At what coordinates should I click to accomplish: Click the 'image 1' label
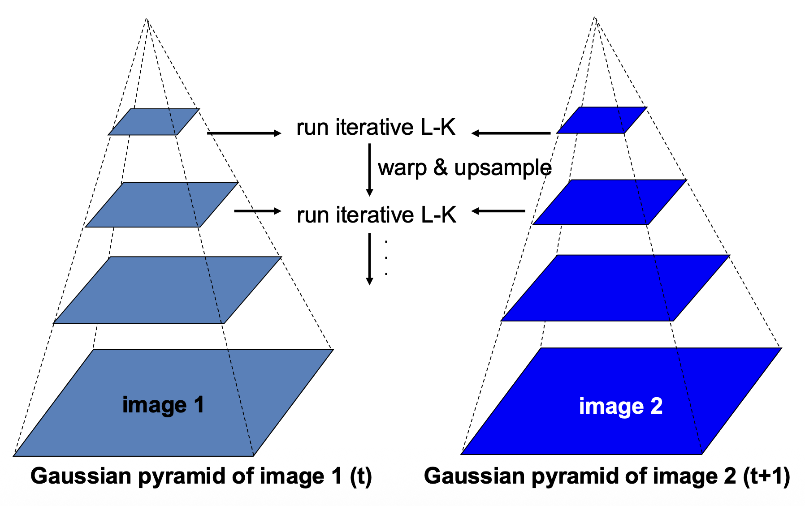163,405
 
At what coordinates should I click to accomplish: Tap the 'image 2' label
620,406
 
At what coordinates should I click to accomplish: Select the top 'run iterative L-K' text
376,127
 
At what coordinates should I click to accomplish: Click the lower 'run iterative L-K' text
376,215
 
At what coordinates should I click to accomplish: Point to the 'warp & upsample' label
464,168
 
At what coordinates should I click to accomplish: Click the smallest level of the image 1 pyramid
154,122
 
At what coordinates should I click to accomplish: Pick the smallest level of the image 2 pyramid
602,120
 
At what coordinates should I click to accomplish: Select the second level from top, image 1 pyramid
161,205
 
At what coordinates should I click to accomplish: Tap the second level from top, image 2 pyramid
609,202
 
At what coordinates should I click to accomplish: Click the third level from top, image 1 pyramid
167,290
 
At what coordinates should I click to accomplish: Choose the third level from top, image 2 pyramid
615,288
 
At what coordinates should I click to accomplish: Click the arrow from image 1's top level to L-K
244,133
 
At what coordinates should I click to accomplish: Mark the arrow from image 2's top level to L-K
511,133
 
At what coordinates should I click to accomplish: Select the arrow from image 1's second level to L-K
257,211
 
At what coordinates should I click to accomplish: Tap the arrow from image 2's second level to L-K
498,211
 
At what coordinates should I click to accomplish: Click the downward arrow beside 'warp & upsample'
369,169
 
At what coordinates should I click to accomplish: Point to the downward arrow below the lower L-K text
369,258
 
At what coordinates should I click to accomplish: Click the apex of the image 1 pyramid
147,19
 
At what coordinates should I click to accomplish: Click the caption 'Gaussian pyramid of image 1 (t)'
201,476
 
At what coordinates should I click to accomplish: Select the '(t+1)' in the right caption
766,476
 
